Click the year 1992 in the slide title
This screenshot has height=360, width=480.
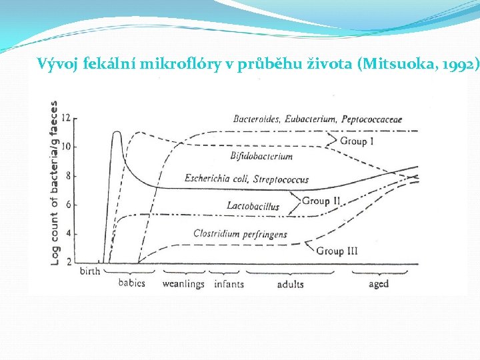point(459,65)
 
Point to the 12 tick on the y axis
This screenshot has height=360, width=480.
point(65,118)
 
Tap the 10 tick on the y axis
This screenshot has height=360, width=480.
point(65,147)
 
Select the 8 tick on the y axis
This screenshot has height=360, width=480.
point(67,176)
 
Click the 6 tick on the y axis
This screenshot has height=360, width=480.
point(67,205)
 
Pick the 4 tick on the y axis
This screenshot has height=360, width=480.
point(67,234)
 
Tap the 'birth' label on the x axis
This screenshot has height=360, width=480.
point(89,271)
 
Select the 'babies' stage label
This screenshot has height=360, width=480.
point(132,283)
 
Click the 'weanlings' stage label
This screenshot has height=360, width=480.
point(183,284)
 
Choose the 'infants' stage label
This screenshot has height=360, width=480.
point(229,284)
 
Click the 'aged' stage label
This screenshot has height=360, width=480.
point(379,284)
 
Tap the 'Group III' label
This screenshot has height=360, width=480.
point(337,251)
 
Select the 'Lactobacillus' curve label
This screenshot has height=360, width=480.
point(253,206)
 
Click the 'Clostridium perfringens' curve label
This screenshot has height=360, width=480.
point(240,234)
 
